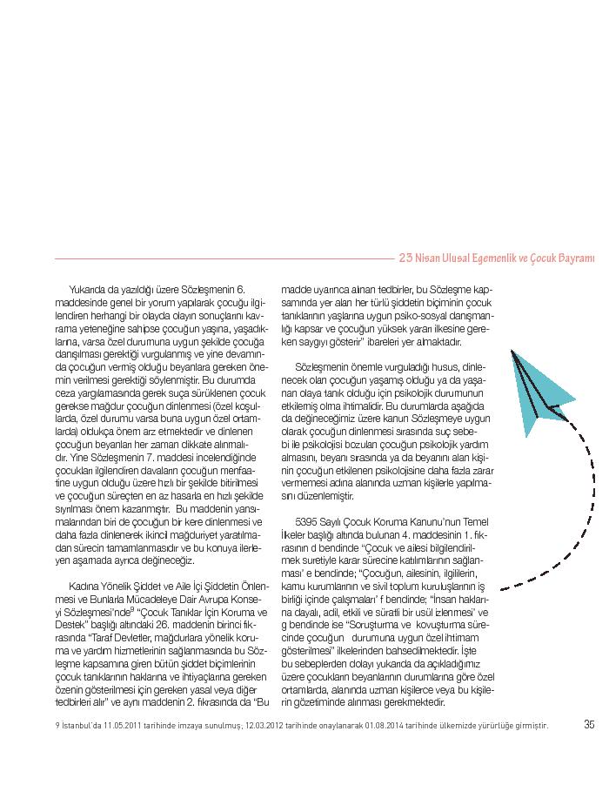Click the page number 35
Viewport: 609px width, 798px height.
click(589, 724)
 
